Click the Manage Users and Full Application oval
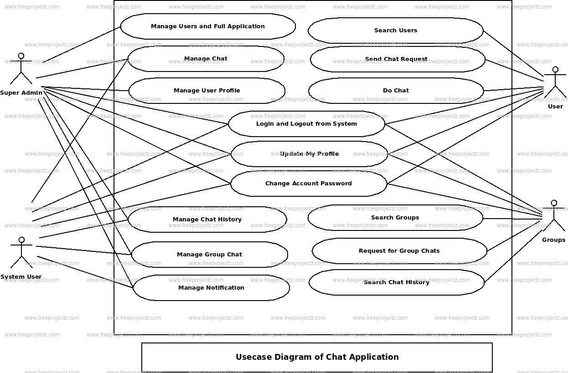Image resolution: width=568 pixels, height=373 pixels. (x=208, y=26)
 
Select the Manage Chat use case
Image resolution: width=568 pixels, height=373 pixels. (x=206, y=59)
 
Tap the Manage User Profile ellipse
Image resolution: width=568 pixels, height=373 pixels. (x=207, y=91)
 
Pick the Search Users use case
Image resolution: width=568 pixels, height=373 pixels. (x=395, y=31)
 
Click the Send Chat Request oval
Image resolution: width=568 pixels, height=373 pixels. (x=396, y=59)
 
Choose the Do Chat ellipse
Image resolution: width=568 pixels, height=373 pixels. (x=396, y=91)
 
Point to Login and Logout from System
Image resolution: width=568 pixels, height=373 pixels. (x=306, y=124)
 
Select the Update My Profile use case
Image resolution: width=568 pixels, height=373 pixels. (x=309, y=154)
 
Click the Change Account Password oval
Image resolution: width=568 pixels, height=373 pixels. (x=309, y=184)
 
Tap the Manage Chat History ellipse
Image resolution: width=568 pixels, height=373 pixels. (x=207, y=220)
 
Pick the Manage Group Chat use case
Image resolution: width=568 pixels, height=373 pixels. (x=209, y=255)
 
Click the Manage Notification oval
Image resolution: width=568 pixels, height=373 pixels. (x=211, y=288)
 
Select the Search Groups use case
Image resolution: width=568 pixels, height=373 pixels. (x=395, y=218)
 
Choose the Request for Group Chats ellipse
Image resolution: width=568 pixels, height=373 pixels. (x=399, y=251)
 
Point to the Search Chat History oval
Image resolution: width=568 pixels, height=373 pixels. (x=396, y=282)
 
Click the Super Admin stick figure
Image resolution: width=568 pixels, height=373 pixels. (x=21, y=69)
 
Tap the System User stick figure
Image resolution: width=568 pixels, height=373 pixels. (x=21, y=253)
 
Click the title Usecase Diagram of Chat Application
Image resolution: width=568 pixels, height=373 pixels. (x=317, y=357)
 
